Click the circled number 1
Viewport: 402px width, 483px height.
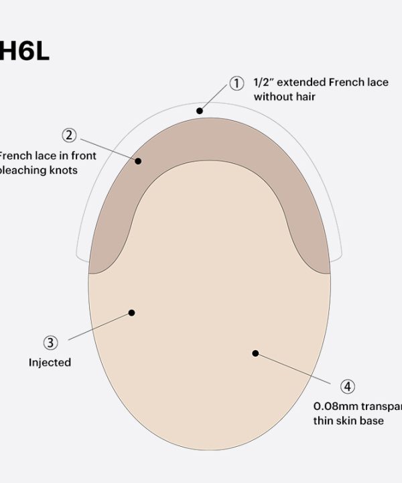click(x=237, y=84)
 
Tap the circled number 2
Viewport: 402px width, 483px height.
click(x=69, y=135)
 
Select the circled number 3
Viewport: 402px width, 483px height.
click(x=50, y=343)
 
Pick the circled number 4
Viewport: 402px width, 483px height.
click(x=347, y=386)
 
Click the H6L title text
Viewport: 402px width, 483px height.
click(x=25, y=52)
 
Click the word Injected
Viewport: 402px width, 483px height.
click(x=50, y=362)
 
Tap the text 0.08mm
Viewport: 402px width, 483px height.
click(x=334, y=406)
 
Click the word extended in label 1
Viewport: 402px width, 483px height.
click(x=301, y=83)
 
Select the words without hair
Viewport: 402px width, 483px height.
click(x=284, y=97)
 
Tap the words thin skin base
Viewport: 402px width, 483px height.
click(x=348, y=421)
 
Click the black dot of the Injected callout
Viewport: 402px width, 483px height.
click(x=132, y=313)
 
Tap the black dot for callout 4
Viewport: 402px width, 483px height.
click(x=255, y=353)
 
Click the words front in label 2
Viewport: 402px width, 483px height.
click(x=83, y=156)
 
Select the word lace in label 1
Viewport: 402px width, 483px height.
click(x=378, y=83)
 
